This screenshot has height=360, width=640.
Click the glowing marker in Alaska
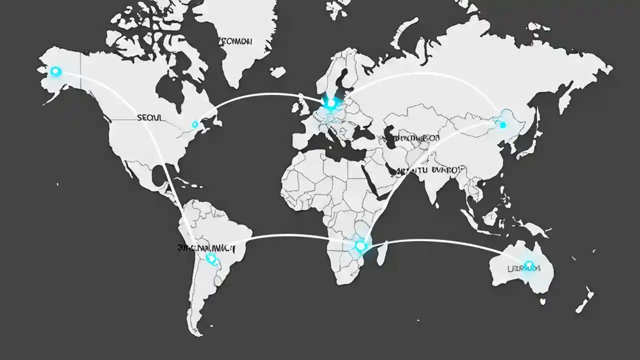[55, 72]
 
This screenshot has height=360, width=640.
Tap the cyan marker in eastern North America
[195, 124]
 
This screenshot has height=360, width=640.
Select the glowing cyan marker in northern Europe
[330, 103]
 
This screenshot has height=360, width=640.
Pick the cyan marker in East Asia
[502, 124]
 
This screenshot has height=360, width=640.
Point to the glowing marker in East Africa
[360, 245]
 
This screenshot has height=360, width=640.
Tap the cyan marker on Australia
[528, 265]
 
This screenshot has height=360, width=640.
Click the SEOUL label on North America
[149, 117]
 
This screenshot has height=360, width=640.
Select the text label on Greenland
[235, 42]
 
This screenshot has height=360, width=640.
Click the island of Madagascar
[382, 253]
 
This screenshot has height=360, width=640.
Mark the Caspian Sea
[390, 137]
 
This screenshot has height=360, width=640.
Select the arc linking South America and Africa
[290, 235]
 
